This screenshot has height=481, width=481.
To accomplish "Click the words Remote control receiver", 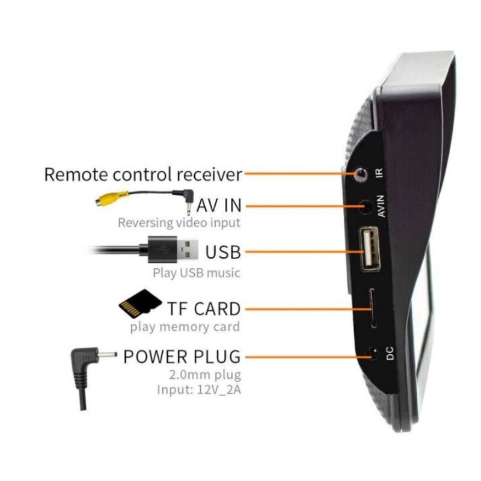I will point(143,175).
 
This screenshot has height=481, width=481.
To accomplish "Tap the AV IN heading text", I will point(219,206).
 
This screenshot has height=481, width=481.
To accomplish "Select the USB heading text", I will point(222,251).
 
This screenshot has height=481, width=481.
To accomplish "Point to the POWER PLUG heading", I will point(182,356).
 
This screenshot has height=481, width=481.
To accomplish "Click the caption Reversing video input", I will point(179,223).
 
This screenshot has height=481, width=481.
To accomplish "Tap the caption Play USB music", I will point(197,273).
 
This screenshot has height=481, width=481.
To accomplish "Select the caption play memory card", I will point(185,327).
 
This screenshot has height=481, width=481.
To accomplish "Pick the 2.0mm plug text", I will point(206,375).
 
